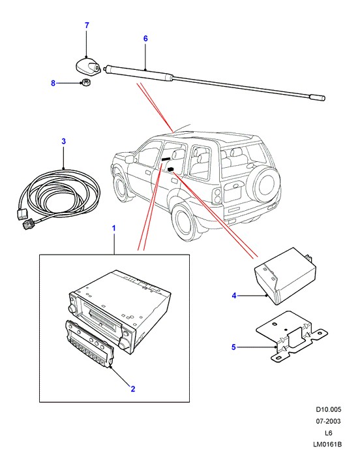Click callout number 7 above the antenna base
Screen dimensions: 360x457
click(87, 25)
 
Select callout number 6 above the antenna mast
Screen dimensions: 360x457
click(145, 39)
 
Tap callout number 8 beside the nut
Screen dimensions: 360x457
click(53, 83)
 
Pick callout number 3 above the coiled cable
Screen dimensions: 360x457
click(63, 142)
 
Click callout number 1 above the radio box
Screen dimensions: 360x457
click(114, 228)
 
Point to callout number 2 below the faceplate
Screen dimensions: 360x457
click(133, 389)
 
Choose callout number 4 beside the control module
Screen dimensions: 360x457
click(234, 296)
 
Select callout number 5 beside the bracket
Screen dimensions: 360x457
click(233, 347)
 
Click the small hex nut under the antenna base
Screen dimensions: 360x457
click(86, 83)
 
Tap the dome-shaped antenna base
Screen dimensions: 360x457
click(88, 66)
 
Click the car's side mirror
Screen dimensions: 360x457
click(130, 159)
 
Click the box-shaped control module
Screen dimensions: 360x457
click(286, 276)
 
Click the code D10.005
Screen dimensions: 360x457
click(329, 409)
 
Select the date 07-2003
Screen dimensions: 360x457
click(329, 421)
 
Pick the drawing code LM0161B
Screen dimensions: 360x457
click(327, 445)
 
